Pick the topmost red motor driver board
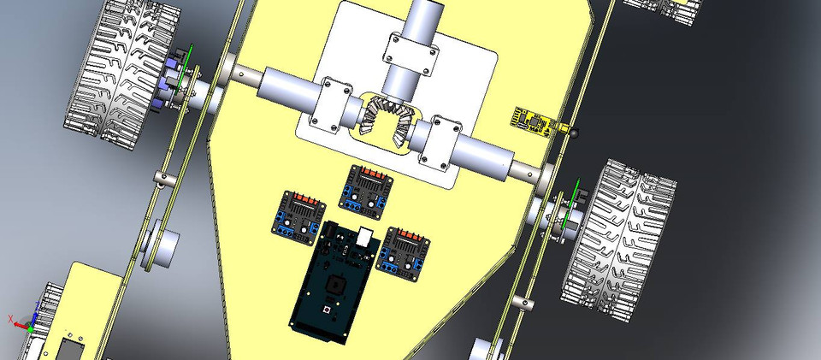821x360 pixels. point(368,187)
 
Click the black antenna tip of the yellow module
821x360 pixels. point(574,132)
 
